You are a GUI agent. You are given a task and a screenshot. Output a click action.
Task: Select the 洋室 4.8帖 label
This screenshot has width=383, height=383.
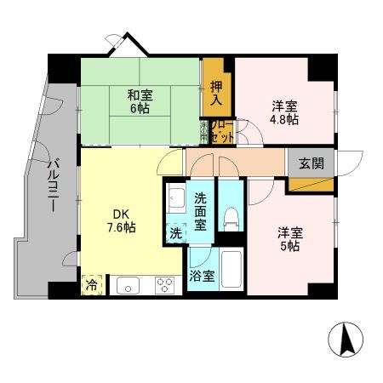point(284,112)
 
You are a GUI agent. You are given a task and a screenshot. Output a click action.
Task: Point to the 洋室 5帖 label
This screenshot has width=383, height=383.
point(288,237)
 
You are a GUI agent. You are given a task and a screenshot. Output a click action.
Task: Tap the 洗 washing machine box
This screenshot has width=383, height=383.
point(175,232)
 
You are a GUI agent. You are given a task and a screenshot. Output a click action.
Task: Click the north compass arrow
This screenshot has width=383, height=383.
point(347,341)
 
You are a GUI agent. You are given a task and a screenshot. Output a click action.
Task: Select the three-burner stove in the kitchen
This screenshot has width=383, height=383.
point(163,285)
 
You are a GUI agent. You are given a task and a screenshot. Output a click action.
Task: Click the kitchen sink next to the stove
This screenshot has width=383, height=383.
point(128,285)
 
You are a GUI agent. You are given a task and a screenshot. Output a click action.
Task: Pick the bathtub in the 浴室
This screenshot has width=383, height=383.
point(230,272)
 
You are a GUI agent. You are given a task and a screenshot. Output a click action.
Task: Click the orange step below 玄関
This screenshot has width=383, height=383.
point(312,182)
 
